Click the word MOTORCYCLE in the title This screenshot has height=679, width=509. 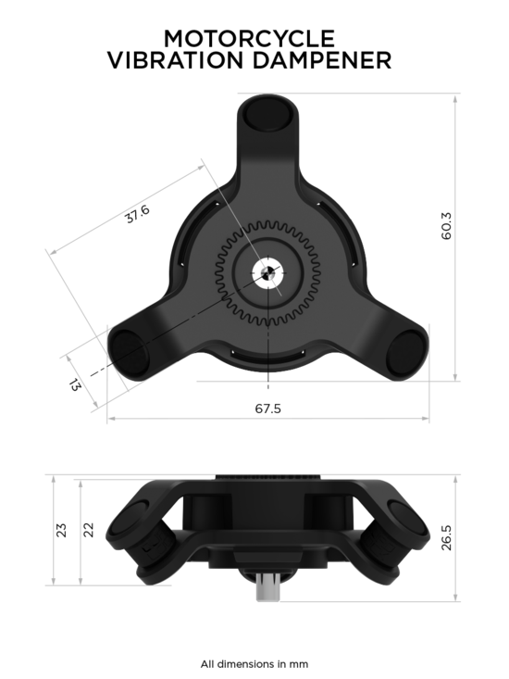249,39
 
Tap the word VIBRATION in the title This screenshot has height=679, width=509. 176,60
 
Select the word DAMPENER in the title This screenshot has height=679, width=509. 322,60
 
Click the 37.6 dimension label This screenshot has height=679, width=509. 138,214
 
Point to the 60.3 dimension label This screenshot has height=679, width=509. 446,226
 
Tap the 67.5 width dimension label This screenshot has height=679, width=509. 267,409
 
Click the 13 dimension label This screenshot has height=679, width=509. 74,384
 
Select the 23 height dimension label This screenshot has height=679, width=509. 62,531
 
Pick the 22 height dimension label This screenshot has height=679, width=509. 88,530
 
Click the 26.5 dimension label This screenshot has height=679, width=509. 446,538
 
